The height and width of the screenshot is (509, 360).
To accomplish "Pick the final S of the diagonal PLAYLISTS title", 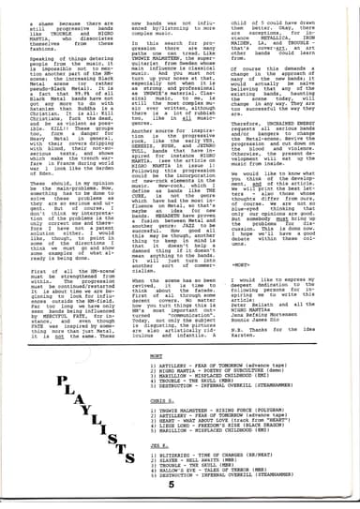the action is click(x=130, y=465).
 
